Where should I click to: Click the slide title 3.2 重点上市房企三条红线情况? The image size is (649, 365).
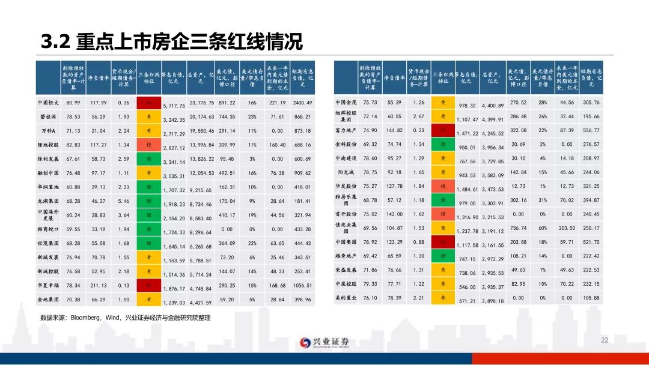coord(171,42)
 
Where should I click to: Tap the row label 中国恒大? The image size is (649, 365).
coord(48,103)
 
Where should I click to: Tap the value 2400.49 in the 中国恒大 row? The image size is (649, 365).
coord(302,103)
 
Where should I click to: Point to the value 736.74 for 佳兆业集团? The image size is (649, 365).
coord(518,228)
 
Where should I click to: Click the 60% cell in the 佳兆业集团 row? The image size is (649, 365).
coord(543,228)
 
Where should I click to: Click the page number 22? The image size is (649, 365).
coord(605,340)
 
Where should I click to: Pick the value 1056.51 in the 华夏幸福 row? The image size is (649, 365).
coord(302,285)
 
